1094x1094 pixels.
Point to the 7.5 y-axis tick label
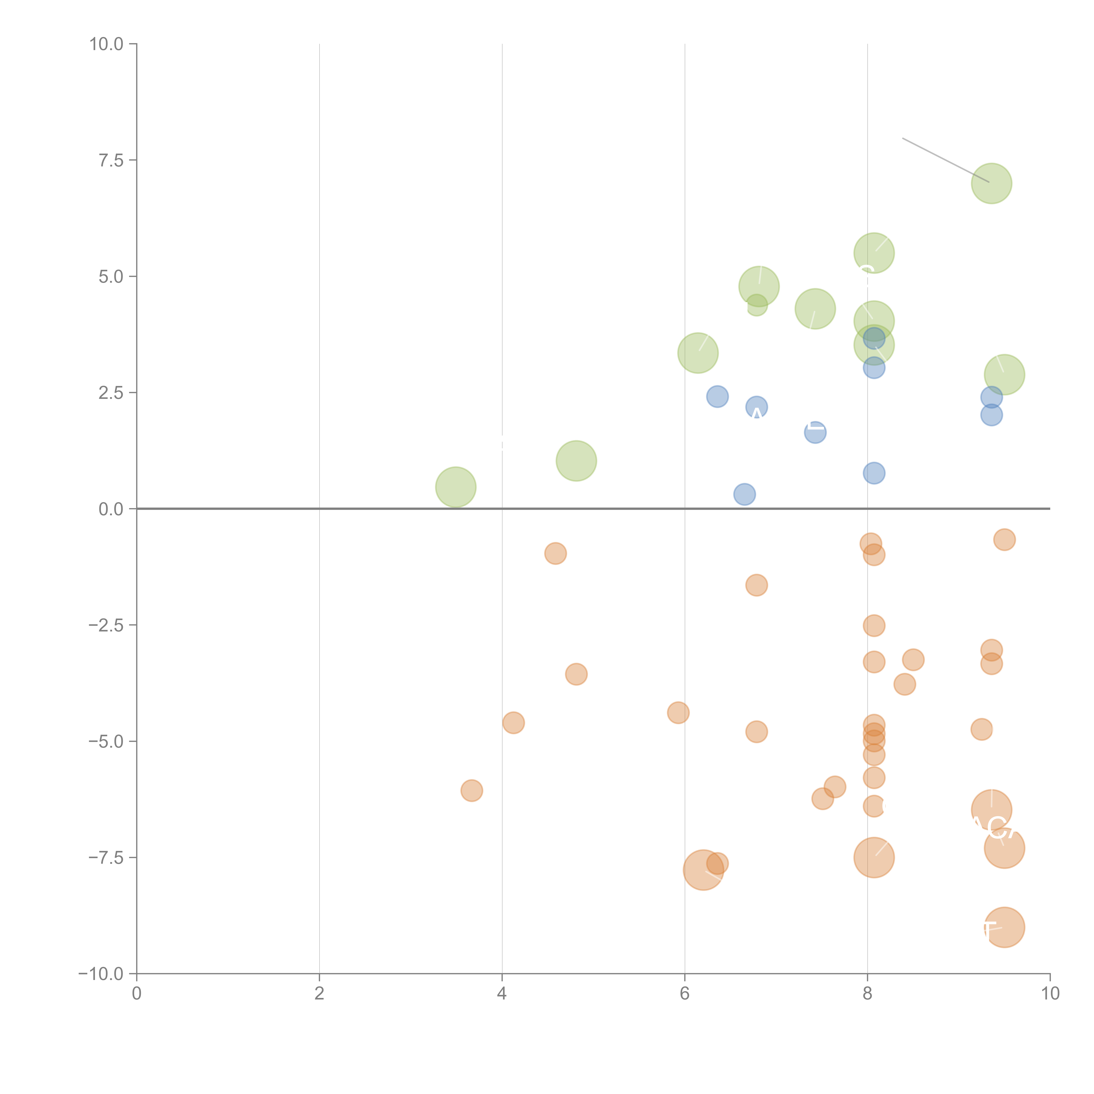click(x=111, y=160)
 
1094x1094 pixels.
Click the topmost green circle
click(x=992, y=184)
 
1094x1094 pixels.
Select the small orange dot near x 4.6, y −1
click(x=556, y=553)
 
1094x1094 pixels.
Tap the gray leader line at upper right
click(x=946, y=160)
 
